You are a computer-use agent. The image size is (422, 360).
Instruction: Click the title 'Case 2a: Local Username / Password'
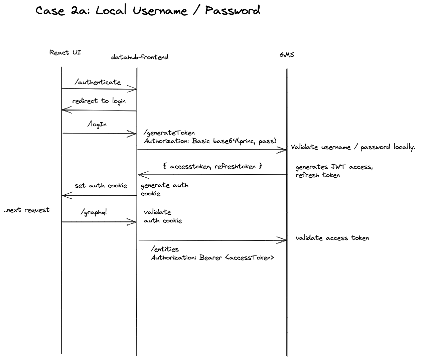147,10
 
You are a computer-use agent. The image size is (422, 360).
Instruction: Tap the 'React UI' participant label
65,52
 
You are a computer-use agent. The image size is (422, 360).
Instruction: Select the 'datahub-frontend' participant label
140,57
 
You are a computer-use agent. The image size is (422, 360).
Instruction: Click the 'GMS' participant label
287,54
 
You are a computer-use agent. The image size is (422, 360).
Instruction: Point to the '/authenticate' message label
98,82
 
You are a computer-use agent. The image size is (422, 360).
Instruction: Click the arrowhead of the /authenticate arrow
134,89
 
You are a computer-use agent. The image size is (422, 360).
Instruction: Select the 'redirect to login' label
99,101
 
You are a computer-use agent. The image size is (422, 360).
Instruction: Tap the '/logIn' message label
97,124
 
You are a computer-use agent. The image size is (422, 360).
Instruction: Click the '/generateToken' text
169,133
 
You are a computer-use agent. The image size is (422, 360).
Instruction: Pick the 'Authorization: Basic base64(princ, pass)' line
210,141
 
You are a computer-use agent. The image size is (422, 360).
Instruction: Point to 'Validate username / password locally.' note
353,147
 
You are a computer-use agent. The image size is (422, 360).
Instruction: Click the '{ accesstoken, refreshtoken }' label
213,166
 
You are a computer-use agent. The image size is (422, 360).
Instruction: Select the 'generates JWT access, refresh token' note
334,171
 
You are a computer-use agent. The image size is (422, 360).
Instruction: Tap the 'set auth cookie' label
101,186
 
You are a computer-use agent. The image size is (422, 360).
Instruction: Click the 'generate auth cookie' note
164,189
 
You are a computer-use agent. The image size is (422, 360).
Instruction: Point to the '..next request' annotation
26,210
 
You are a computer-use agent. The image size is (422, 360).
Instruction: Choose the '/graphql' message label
94,212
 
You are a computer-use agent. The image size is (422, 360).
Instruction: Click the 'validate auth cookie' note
163,216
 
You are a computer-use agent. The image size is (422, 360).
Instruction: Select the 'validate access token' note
332,238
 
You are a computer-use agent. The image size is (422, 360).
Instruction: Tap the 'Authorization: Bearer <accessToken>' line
213,257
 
